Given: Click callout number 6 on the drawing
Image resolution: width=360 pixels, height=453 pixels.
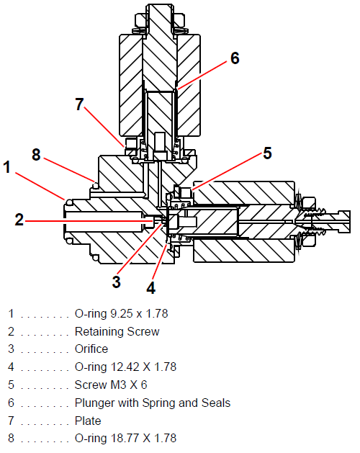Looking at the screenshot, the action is pos(235,58).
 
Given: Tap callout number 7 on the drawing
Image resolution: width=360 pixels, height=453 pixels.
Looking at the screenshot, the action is pos(79,104).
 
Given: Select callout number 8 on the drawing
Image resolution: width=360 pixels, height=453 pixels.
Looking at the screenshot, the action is pos(36,155).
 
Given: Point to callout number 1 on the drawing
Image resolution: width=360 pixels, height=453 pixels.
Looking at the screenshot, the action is pos(7,167).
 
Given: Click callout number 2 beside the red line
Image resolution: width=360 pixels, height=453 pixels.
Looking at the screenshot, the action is pos(19,220).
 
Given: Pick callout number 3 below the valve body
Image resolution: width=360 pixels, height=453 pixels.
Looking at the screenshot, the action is pos(116,282).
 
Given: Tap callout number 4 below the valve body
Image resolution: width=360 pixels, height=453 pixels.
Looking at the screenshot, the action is pos(150,288).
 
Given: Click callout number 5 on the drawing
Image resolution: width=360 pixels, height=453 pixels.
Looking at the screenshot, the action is pos(268,153).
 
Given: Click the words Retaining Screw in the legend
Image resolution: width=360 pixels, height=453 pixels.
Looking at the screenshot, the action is pos(117,331).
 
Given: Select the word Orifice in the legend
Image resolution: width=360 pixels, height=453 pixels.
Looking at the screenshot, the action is pos(91,349).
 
